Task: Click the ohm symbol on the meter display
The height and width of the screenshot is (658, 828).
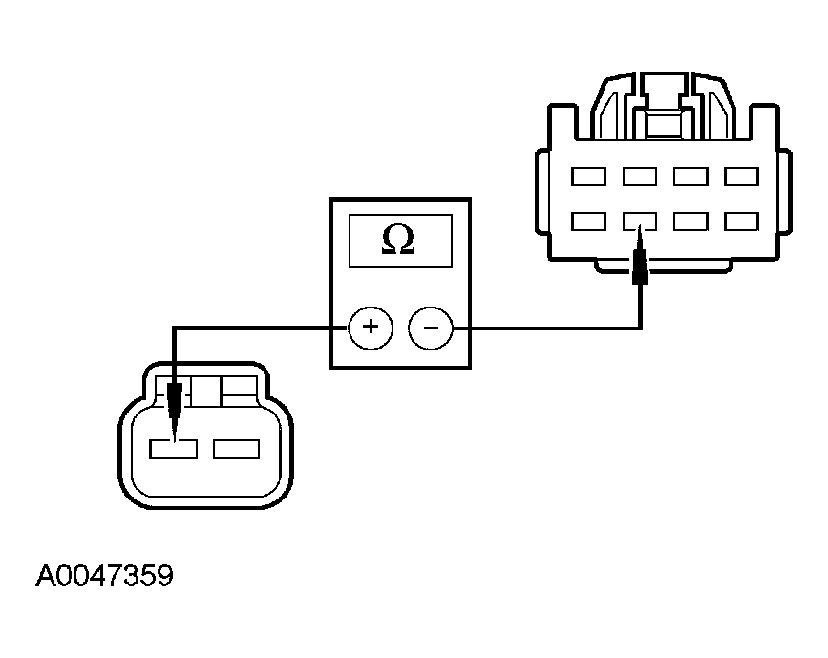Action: coord(398,240)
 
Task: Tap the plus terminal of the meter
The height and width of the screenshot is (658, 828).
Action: coord(371,328)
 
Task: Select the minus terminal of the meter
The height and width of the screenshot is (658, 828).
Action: coord(431,328)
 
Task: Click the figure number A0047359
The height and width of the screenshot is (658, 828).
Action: coord(104,575)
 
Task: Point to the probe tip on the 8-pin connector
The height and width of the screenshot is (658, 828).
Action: coord(640,227)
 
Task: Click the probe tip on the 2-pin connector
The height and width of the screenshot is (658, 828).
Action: coord(174,440)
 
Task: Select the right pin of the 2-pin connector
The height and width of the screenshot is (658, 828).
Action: coord(236,449)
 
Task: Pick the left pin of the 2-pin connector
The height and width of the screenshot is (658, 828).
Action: coord(173,449)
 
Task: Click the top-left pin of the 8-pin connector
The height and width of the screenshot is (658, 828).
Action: coord(588,177)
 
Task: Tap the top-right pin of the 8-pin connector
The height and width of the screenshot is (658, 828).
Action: coord(741,177)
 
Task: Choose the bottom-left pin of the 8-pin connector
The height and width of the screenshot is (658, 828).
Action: coord(588,222)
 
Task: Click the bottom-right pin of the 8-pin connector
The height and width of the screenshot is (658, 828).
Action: coord(741,222)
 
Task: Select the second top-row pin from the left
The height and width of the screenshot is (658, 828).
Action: coord(640,177)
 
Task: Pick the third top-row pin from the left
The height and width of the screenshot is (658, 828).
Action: coord(690,177)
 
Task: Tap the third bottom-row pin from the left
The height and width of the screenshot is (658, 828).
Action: coord(690,222)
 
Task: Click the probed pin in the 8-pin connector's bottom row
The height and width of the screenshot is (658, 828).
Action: coord(640,222)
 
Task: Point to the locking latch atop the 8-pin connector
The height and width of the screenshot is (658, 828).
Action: coord(665,106)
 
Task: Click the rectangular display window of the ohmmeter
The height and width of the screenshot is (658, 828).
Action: coord(400,241)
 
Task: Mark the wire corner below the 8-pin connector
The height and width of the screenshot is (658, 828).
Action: coord(641,329)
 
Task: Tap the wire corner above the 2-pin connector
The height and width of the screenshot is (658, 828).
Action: coord(174,328)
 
